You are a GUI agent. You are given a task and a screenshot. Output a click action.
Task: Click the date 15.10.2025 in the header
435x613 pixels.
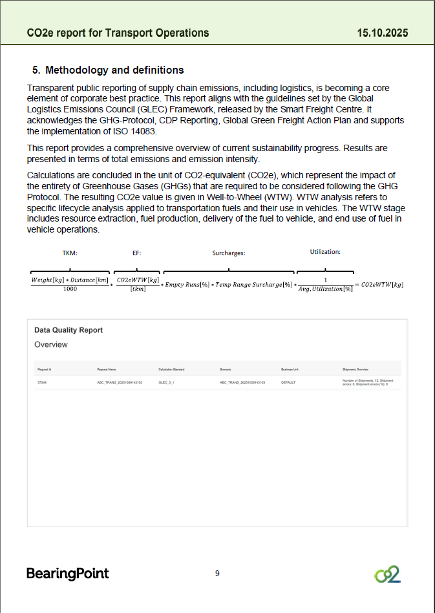(382, 33)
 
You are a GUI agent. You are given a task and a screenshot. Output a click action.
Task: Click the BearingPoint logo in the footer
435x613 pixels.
(67, 573)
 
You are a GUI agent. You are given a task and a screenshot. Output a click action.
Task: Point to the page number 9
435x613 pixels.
(217, 573)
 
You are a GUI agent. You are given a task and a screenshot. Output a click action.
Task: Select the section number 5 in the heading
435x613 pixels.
(36, 70)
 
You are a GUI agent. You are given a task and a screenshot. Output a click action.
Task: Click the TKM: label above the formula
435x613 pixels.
(70, 253)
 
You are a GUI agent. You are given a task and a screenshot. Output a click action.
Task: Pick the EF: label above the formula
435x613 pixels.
(136, 253)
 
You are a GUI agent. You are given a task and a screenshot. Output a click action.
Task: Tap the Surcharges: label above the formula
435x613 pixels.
(229, 253)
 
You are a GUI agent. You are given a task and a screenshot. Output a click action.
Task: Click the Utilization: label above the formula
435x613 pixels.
(324, 251)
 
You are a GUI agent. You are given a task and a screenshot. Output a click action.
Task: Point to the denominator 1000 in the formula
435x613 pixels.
(70, 289)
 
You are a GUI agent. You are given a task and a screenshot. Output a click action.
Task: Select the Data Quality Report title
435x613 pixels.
(69, 330)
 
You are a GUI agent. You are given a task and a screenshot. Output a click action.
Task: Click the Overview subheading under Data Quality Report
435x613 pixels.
(51, 344)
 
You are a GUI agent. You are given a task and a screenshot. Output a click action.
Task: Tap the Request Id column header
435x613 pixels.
(44, 369)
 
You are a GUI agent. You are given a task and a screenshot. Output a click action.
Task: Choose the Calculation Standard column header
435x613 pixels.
(171, 369)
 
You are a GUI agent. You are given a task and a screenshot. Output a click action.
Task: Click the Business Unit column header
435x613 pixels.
(290, 369)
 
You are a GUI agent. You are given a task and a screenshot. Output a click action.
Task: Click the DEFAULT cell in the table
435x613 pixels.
(288, 382)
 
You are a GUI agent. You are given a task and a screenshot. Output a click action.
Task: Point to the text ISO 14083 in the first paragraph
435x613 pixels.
(112, 132)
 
